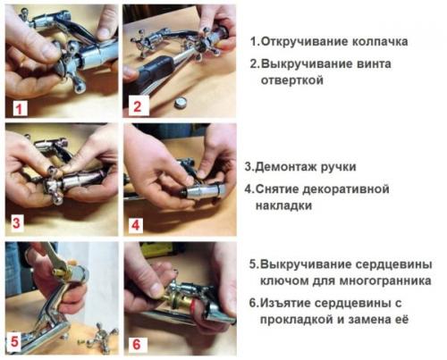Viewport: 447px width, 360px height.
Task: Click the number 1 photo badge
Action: coord(18,107)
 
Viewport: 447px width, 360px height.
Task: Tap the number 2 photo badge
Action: coord(136,107)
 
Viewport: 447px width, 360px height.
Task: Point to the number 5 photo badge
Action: coord(16,339)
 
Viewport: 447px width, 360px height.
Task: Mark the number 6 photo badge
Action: coord(136,341)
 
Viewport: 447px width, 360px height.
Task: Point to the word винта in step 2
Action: coord(387,63)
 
